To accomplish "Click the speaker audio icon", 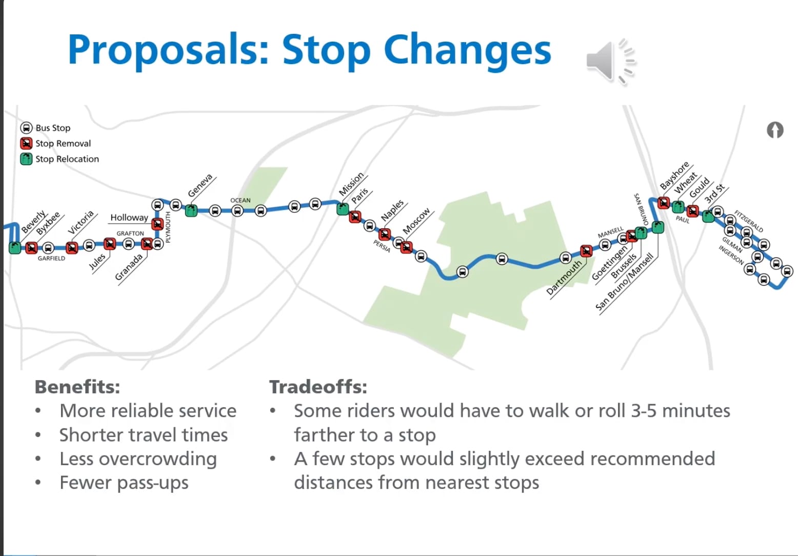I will pos(610,61).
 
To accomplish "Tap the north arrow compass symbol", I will pos(775,130).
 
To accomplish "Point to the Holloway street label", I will pos(129,217).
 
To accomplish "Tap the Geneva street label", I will pos(200,186).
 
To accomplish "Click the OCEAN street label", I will pos(240,201).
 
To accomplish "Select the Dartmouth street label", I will pos(564,277).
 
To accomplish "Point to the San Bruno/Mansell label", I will pos(624,282).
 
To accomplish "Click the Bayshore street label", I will pos(674,175).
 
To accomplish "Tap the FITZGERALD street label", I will pos(748,221).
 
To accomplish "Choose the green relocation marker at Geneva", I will pos(191,210).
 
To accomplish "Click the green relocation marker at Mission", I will pos(343,209).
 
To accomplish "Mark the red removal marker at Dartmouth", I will pos(586,251).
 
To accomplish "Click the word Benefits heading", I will pos(77,387).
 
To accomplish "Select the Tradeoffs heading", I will pos(318,387).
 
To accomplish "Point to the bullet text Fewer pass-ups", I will pos(124,483).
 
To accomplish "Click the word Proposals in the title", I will pos(168,50).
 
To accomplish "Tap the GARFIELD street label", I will pos(51,259).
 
